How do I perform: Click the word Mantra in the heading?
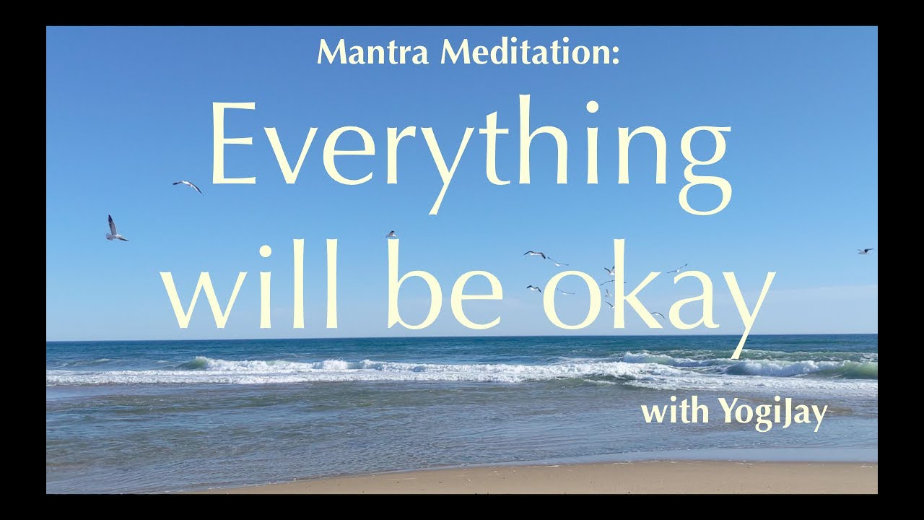click(375, 53)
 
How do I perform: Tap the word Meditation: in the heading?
click(530, 53)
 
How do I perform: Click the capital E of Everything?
click(230, 144)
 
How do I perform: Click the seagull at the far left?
click(115, 229)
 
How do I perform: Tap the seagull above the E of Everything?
click(188, 186)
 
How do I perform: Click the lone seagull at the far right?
click(864, 251)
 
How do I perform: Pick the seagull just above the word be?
click(391, 234)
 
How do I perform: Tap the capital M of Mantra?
click(331, 53)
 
